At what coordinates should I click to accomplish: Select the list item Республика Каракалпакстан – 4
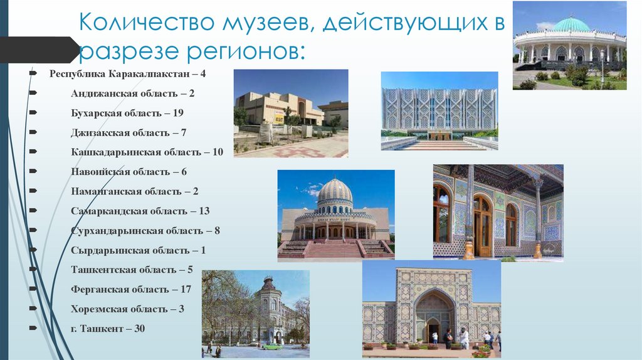coord(127,74)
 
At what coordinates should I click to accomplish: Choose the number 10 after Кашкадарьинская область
coord(217,152)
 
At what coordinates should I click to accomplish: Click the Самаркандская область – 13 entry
coord(140,211)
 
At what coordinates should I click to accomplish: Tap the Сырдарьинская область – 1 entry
coord(139,250)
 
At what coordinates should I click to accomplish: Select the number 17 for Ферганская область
coord(185,289)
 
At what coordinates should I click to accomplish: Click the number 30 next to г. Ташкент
coord(139,328)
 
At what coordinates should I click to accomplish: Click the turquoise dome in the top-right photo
coord(571,25)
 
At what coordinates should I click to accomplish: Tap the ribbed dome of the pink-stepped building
coord(335,191)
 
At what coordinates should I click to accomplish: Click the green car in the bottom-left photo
coord(271,346)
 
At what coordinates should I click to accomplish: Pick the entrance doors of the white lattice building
coord(439,134)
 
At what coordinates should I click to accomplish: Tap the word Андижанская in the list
coord(103,93)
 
